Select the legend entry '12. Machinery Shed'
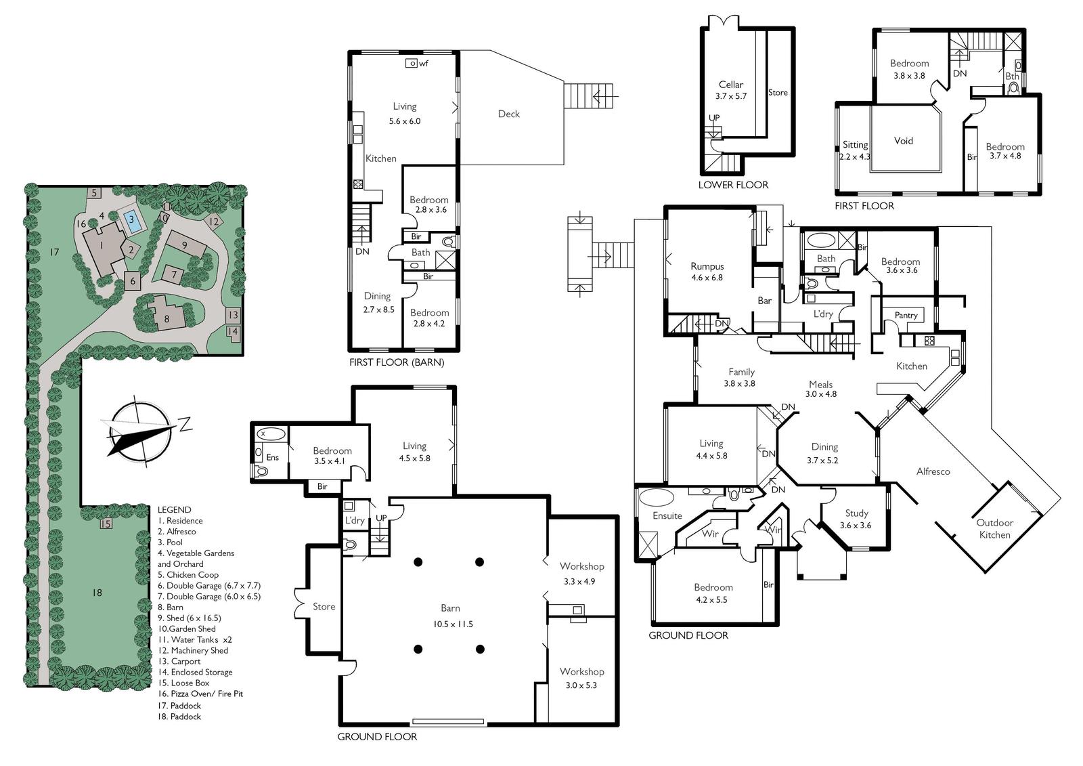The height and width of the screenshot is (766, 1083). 193,650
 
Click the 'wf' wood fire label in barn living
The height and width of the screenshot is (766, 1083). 424,64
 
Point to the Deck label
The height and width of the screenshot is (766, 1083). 508,114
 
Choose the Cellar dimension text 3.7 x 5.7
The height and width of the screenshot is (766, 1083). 731,95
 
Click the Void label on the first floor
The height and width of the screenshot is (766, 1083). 903,141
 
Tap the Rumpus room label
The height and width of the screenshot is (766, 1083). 707,266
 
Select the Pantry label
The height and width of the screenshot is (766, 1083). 906,315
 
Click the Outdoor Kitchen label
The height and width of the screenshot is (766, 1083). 994,528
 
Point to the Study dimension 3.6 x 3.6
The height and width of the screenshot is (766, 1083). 856,526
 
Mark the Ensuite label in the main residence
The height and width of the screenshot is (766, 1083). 667,516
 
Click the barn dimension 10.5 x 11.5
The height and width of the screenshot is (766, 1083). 453,624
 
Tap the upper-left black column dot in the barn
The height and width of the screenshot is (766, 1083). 418,561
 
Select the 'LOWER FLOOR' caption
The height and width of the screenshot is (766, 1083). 733,185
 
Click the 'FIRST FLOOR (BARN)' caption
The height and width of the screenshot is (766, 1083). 397,362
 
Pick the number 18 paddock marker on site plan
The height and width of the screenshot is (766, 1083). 97,593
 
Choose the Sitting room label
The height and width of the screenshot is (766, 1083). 855,145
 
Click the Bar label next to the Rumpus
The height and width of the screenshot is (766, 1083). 764,301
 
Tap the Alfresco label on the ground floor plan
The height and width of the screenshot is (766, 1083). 933,471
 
